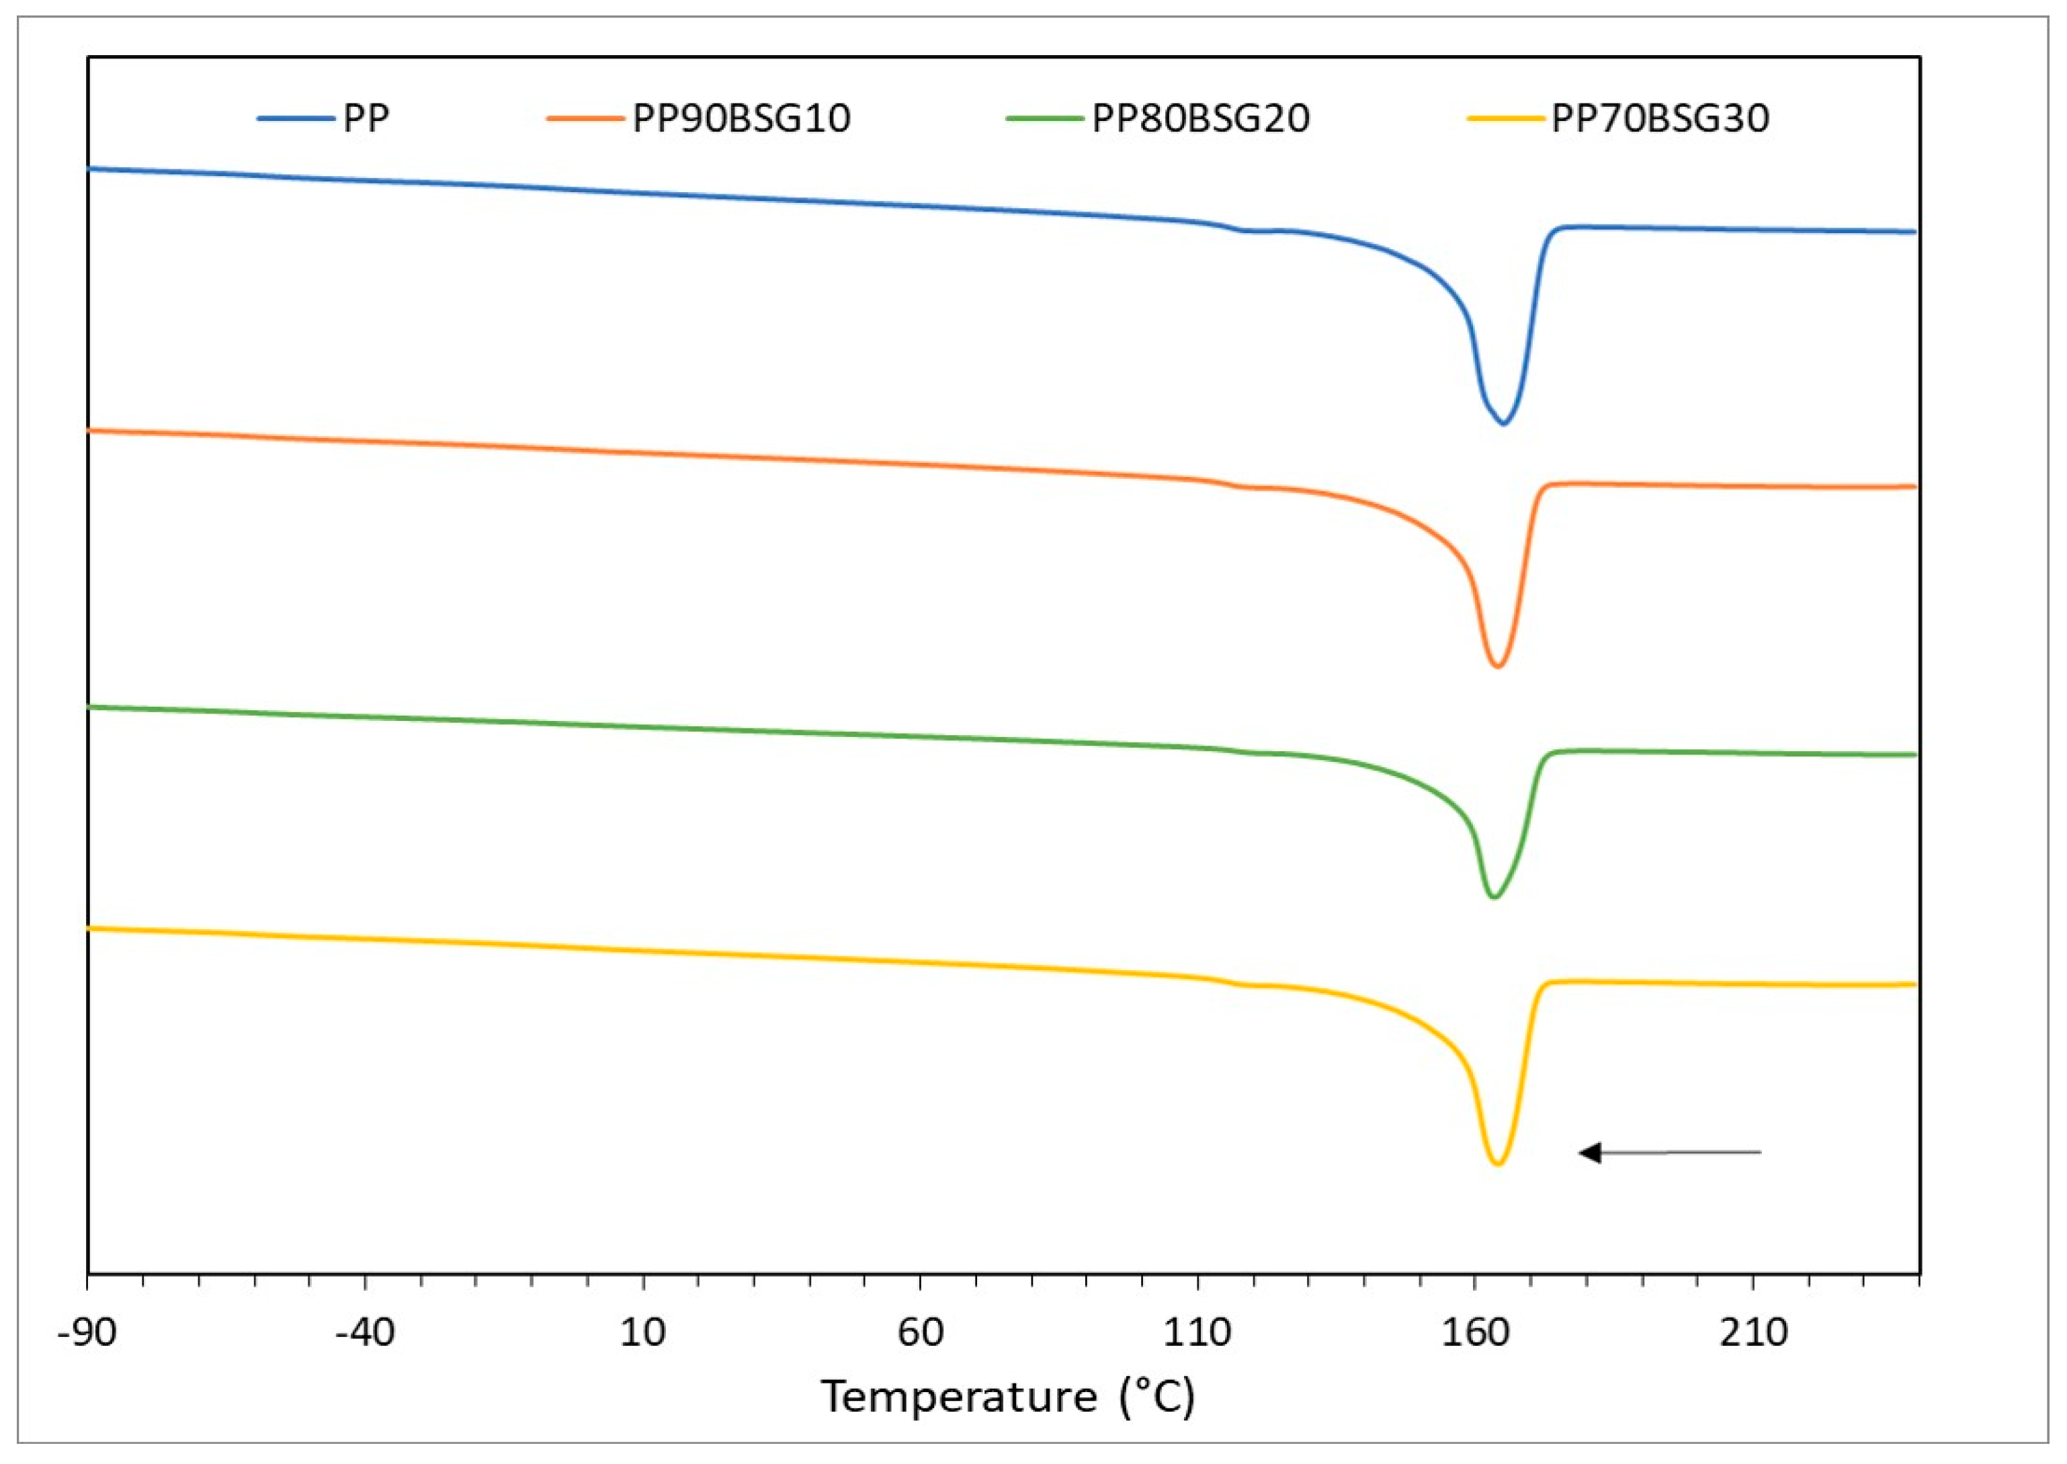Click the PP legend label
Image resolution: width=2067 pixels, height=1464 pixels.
(x=366, y=119)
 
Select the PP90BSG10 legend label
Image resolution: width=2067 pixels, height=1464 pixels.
(x=741, y=119)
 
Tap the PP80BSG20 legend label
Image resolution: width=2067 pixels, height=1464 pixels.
(x=1201, y=119)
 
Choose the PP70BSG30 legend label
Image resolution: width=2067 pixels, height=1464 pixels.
(x=1660, y=119)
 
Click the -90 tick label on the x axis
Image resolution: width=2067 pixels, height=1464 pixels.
(x=87, y=1332)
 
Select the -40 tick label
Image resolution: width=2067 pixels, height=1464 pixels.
(x=365, y=1332)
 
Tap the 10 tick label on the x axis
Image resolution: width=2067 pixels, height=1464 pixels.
(x=642, y=1332)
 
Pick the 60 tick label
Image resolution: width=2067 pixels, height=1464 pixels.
(x=921, y=1332)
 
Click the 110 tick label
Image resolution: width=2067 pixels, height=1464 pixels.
(x=1197, y=1332)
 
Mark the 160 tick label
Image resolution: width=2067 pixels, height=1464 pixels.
(x=1475, y=1332)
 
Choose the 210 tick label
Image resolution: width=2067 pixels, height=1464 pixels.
(x=1753, y=1332)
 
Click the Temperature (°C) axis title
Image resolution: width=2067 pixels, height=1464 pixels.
(x=1008, y=1396)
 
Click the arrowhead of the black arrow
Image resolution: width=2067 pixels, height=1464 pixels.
(x=1589, y=1152)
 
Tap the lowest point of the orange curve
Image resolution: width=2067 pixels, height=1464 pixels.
(x=1497, y=666)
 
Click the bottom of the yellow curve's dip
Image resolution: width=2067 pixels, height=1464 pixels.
(x=1497, y=1165)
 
